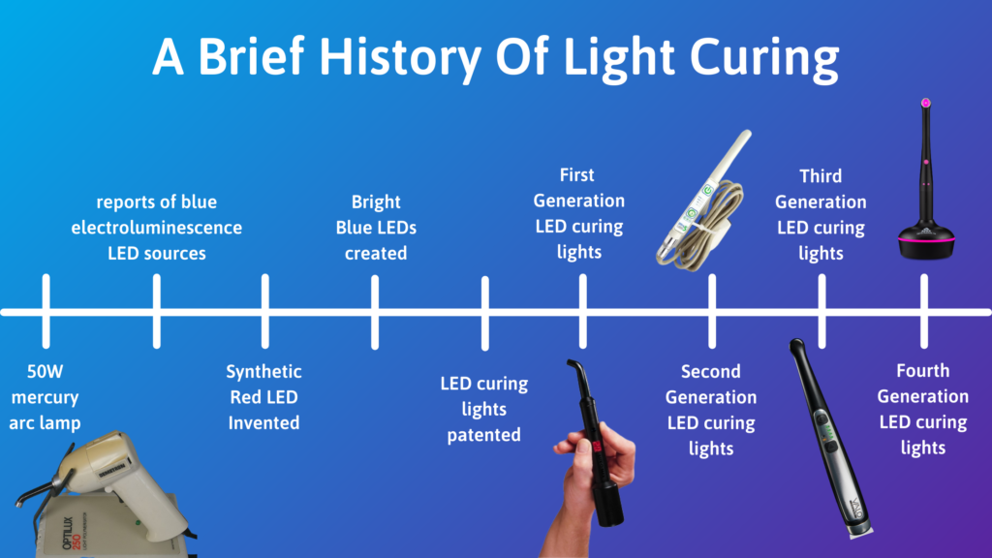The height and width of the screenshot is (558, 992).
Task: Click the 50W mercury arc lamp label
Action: click(45, 397)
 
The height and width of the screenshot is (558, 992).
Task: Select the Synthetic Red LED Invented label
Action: click(263, 397)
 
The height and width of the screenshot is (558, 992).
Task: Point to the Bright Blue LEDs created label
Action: click(376, 228)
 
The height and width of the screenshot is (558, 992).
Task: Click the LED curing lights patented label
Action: click(484, 409)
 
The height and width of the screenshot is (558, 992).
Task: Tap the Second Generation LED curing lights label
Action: click(712, 410)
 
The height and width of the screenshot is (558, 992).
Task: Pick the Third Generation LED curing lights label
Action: click(821, 214)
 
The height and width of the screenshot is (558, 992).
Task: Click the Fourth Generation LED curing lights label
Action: click(923, 409)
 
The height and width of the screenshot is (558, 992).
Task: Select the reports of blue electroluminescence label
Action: click(156, 228)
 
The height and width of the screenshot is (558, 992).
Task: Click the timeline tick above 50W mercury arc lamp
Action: click(45, 311)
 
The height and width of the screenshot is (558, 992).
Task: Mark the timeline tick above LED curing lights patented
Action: click(484, 311)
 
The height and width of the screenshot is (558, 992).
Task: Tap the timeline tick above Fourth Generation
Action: click(923, 311)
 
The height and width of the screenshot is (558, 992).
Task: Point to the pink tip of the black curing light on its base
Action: click(926, 102)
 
